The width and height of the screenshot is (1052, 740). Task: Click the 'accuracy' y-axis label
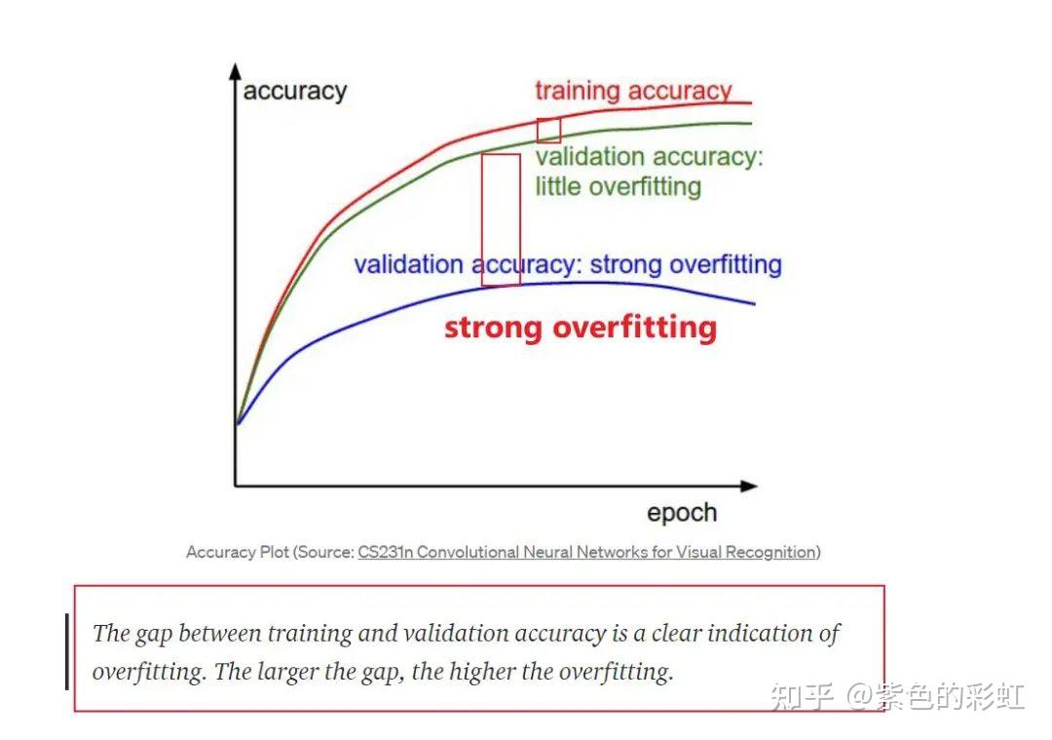(x=294, y=92)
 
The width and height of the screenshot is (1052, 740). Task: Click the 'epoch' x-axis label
(x=682, y=514)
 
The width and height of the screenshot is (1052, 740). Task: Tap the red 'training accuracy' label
(x=633, y=90)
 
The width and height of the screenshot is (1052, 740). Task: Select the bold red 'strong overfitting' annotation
(x=581, y=329)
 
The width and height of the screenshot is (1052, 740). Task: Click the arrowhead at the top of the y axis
(x=235, y=71)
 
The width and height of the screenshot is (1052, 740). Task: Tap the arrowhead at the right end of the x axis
(x=749, y=486)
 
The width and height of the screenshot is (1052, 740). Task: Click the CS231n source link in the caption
(x=587, y=553)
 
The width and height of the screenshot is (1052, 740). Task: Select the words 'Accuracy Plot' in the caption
(x=238, y=553)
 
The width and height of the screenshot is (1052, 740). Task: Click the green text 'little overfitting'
(x=618, y=186)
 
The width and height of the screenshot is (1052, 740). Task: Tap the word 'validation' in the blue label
(x=408, y=264)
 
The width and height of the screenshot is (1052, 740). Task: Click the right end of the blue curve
(x=755, y=303)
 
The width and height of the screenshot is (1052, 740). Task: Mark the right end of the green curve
(x=751, y=124)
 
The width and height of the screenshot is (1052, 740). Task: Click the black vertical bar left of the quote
(x=67, y=651)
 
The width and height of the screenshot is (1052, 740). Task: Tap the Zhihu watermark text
(x=897, y=696)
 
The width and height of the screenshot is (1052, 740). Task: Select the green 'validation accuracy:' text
(x=649, y=157)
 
